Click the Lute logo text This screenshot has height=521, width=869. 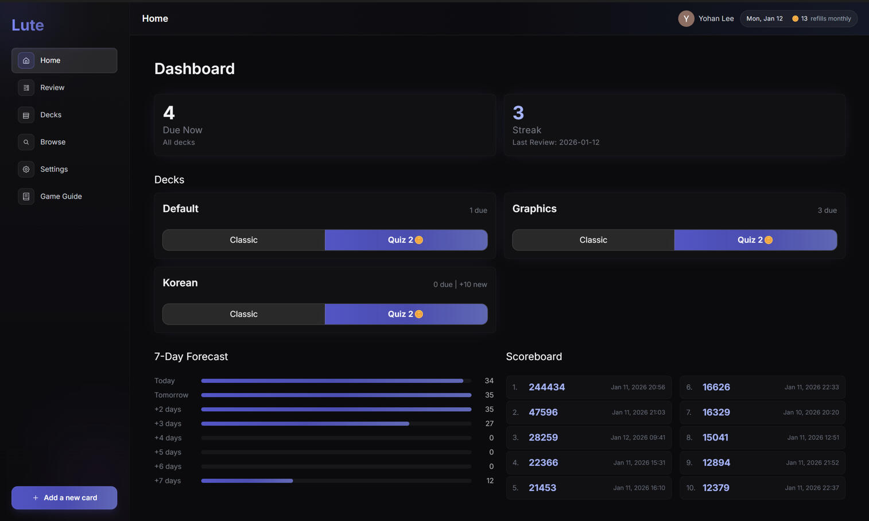pos(28,25)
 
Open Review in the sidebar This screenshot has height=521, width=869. pos(52,88)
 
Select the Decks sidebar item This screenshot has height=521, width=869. pos(51,115)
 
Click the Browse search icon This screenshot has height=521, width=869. pos(26,142)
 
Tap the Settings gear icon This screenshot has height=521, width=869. pos(26,169)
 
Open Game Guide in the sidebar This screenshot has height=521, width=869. pos(61,196)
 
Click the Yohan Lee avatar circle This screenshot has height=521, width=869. pos(686,19)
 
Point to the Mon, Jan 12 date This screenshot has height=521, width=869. pos(764,19)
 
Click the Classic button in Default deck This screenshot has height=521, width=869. pos(243,240)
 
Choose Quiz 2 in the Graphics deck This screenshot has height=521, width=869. pos(755,240)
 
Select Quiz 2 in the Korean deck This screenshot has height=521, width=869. pos(406,314)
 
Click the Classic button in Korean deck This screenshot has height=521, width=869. pos(243,314)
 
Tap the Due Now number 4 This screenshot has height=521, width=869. pos(169,113)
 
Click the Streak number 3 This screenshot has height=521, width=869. pos(518,113)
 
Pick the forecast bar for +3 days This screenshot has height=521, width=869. pos(305,424)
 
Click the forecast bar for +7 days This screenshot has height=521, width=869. pos(247,481)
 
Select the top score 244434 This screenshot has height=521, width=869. pos(546,388)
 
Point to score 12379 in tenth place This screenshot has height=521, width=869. pos(716,488)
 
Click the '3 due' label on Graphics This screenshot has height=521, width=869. pos(827,211)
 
